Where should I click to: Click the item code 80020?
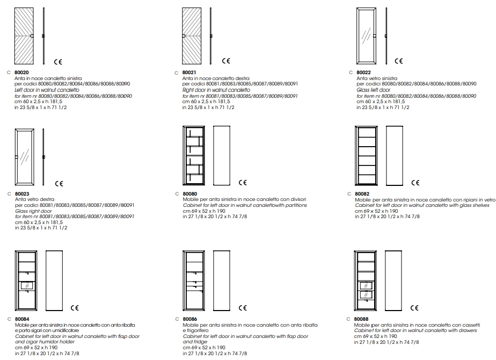tap(21, 72)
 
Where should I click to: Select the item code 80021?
tap(189, 72)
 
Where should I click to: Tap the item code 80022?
tap(363, 72)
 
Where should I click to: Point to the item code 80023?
tap(22, 193)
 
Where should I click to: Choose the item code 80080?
tap(189, 193)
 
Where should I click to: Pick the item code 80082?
tap(362, 193)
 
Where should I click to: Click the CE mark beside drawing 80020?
tap(59, 62)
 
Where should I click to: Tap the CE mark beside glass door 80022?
tap(399, 62)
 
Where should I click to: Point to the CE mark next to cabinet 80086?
tap(243, 308)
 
